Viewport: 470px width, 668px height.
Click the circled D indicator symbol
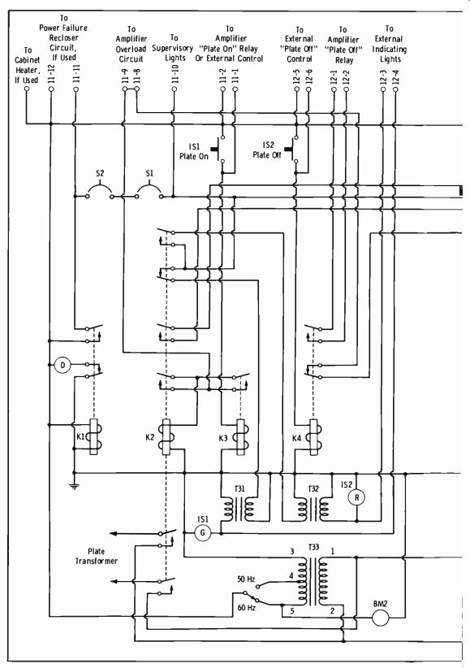[63, 365]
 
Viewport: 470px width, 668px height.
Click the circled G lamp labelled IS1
[203, 532]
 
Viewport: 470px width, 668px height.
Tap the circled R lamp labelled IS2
[356, 497]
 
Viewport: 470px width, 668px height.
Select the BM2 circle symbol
[381, 618]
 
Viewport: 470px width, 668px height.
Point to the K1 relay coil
[94, 437]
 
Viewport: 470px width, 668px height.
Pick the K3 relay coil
[241, 437]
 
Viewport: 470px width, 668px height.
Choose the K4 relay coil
[315, 437]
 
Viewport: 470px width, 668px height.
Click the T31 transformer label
[239, 488]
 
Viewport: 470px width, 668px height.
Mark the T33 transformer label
[313, 547]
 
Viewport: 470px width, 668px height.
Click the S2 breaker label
[100, 173]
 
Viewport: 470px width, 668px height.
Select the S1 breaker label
[149, 173]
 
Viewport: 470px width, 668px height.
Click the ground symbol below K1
[75, 486]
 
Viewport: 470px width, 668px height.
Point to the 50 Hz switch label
[246, 579]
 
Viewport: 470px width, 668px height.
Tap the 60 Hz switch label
[247, 608]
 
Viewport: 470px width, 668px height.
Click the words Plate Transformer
[97, 556]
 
